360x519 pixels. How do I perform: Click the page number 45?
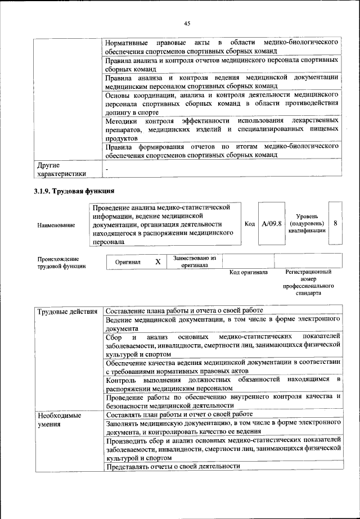186,23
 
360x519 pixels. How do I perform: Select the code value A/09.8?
272,224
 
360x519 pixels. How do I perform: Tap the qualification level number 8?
335,223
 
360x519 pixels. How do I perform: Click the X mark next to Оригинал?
158,262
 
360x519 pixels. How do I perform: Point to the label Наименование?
56,225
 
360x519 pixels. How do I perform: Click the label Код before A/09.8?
250,224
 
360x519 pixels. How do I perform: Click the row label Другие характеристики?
62,169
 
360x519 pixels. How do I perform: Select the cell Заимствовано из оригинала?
195,261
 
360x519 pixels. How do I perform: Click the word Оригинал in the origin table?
128,262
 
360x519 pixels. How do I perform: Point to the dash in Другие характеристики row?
107,168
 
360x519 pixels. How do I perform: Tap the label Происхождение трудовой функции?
62,263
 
